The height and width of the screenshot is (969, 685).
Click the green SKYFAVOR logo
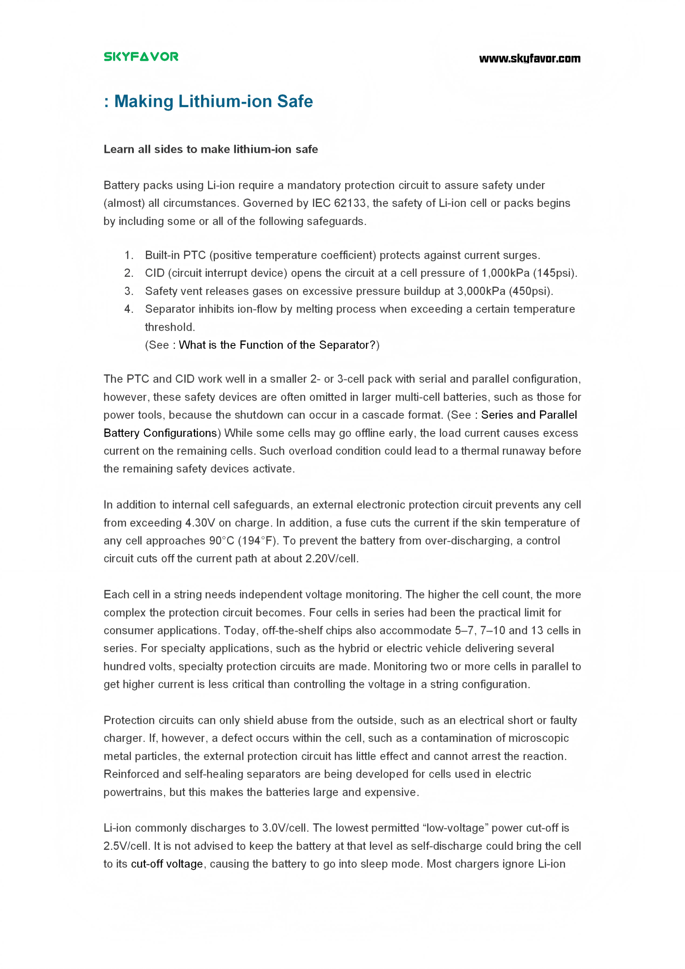141,57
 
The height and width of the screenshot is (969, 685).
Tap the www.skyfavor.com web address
529,59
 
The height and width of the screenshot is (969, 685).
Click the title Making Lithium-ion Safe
213,101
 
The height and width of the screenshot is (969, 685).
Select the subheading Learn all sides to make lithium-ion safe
211,149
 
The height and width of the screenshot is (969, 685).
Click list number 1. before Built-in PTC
129,255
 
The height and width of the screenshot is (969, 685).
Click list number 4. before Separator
129,309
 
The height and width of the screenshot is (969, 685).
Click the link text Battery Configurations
160,433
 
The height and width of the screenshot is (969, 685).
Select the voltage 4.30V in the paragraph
200,523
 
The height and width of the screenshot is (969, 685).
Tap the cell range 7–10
492,630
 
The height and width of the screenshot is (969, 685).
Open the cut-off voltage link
167,864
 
